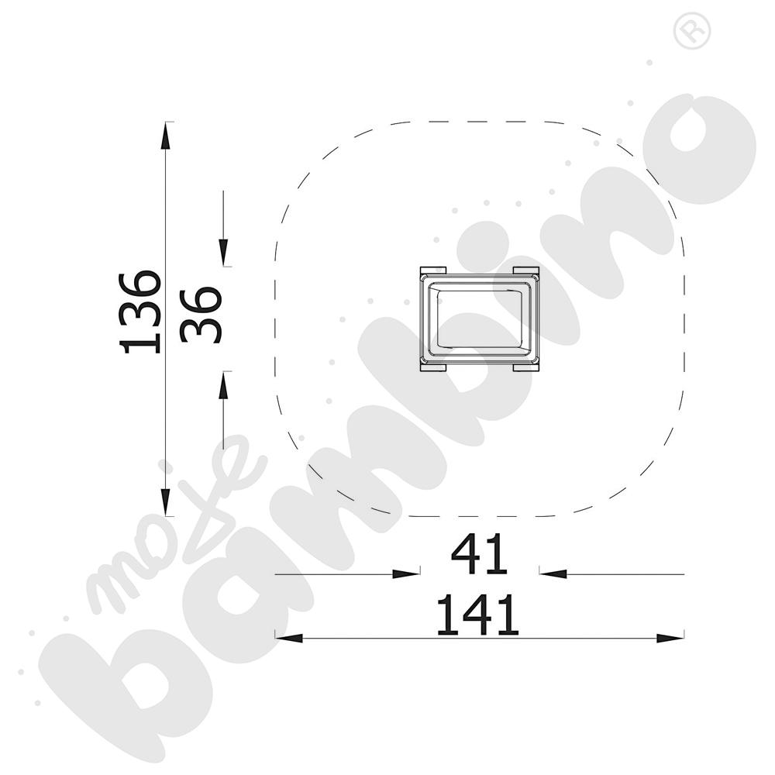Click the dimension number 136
[x=140, y=312]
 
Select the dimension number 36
[x=201, y=315]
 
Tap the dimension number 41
[x=480, y=553]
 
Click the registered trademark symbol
[x=692, y=31]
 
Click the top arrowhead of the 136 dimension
[x=166, y=134]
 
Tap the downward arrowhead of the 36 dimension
[x=223, y=253]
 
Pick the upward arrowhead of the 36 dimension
[x=223, y=384]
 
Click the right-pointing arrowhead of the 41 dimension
[x=406, y=573]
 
